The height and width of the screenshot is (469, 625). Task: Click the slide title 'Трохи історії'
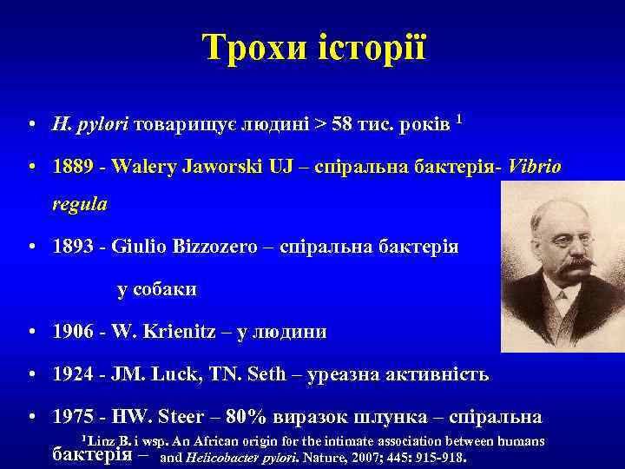313,47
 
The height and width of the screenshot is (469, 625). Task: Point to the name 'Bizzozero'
217,248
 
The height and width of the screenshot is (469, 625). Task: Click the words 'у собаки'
157,289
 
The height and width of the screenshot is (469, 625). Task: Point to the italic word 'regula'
80,205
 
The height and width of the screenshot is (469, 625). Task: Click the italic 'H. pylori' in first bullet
91,124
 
